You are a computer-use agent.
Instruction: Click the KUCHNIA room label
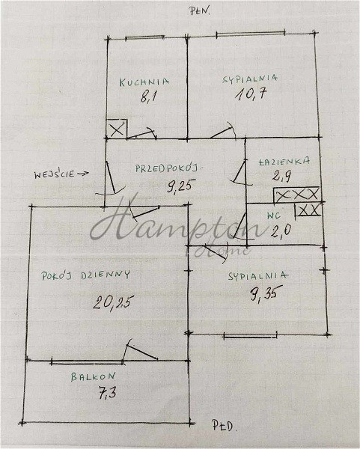tap(144, 82)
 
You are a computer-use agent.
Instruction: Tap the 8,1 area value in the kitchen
tap(147, 97)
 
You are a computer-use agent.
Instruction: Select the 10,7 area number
tap(251, 94)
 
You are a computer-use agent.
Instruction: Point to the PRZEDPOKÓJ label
tap(167, 168)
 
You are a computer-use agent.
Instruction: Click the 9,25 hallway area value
tap(180, 186)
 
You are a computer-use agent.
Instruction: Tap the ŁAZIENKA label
tap(284, 161)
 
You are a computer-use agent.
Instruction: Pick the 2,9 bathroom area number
tap(282, 176)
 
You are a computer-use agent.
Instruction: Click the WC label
tap(273, 216)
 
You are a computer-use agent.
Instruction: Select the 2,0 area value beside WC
tap(281, 230)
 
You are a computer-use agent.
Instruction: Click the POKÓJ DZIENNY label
tap(85, 275)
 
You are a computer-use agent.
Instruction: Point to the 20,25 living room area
tap(114, 302)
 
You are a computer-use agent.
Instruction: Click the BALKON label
tap(93, 376)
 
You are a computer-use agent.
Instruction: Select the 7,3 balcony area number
tap(107, 392)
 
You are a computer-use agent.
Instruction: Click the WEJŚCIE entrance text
tap(54, 174)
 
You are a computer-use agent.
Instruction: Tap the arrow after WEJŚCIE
tap(83, 174)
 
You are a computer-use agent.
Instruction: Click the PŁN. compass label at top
tap(200, 11)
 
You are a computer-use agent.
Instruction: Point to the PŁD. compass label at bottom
tap(225, 426)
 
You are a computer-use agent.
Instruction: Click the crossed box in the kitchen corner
tap(117, 129)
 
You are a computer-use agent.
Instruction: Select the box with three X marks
tap(296, 195)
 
